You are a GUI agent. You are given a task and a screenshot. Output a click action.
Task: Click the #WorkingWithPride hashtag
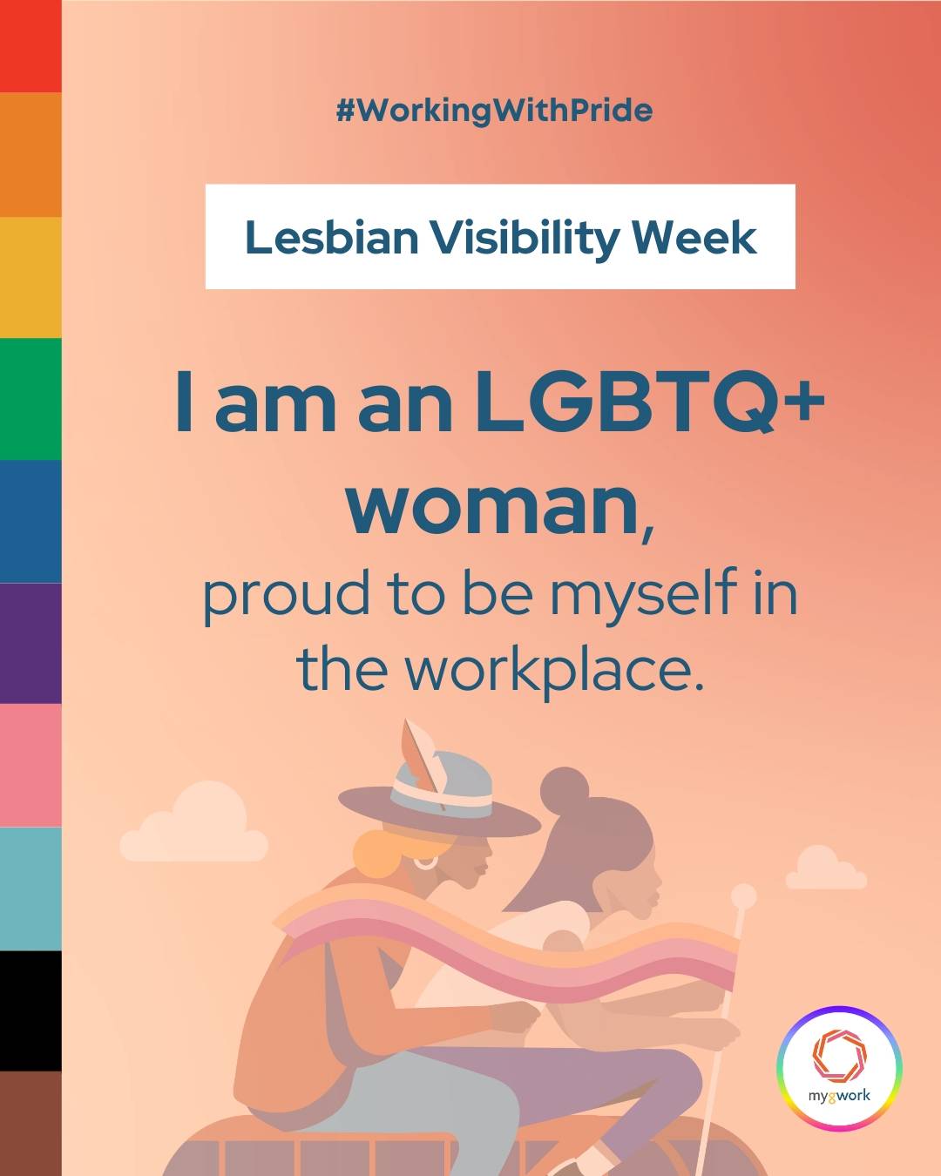pos(494,112)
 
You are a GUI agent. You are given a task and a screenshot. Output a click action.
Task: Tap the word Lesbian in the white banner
pos(332,238)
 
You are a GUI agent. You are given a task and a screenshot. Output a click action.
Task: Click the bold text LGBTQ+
pos(650,402)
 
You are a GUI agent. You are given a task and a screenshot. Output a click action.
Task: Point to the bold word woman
pos(492,506)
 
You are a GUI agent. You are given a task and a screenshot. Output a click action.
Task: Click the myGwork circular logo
pos(839,1068)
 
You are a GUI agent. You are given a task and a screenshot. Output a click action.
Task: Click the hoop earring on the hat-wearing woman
pos(425,862)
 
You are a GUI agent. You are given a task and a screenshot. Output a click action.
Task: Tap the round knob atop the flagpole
pos(743,896)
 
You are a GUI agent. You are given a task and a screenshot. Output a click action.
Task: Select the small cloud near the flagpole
pos(826,868)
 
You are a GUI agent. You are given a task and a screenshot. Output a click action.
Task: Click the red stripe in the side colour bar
pos(30,46)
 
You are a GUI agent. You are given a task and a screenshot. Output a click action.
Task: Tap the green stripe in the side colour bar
pos(30,399)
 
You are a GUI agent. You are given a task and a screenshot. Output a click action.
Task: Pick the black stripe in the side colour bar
pos(30,1011)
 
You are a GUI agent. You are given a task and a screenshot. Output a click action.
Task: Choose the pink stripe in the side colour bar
pos(30,765)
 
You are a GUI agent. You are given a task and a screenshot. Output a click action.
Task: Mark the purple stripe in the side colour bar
pos(30,643)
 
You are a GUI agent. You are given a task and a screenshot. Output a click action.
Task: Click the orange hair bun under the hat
pos(376,855)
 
